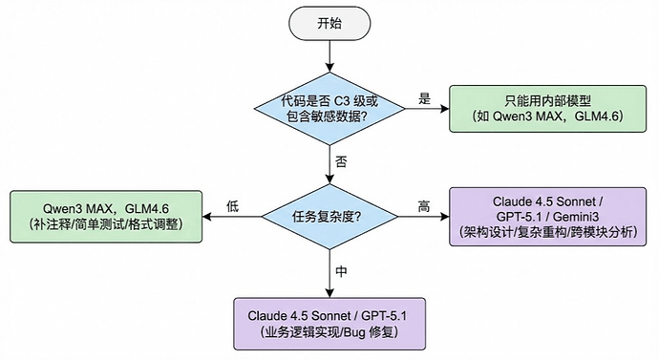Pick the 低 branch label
[x=231, y=204]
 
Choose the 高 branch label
[x=423, y=204]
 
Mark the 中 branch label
[x=341, y=271]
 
